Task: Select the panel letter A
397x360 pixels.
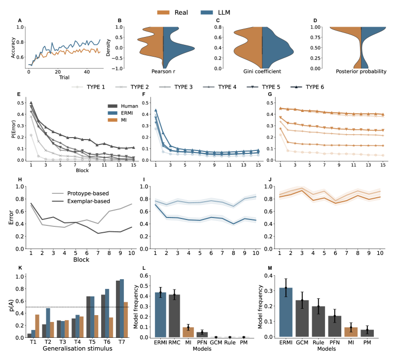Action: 20,20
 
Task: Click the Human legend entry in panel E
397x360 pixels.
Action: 127,105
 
